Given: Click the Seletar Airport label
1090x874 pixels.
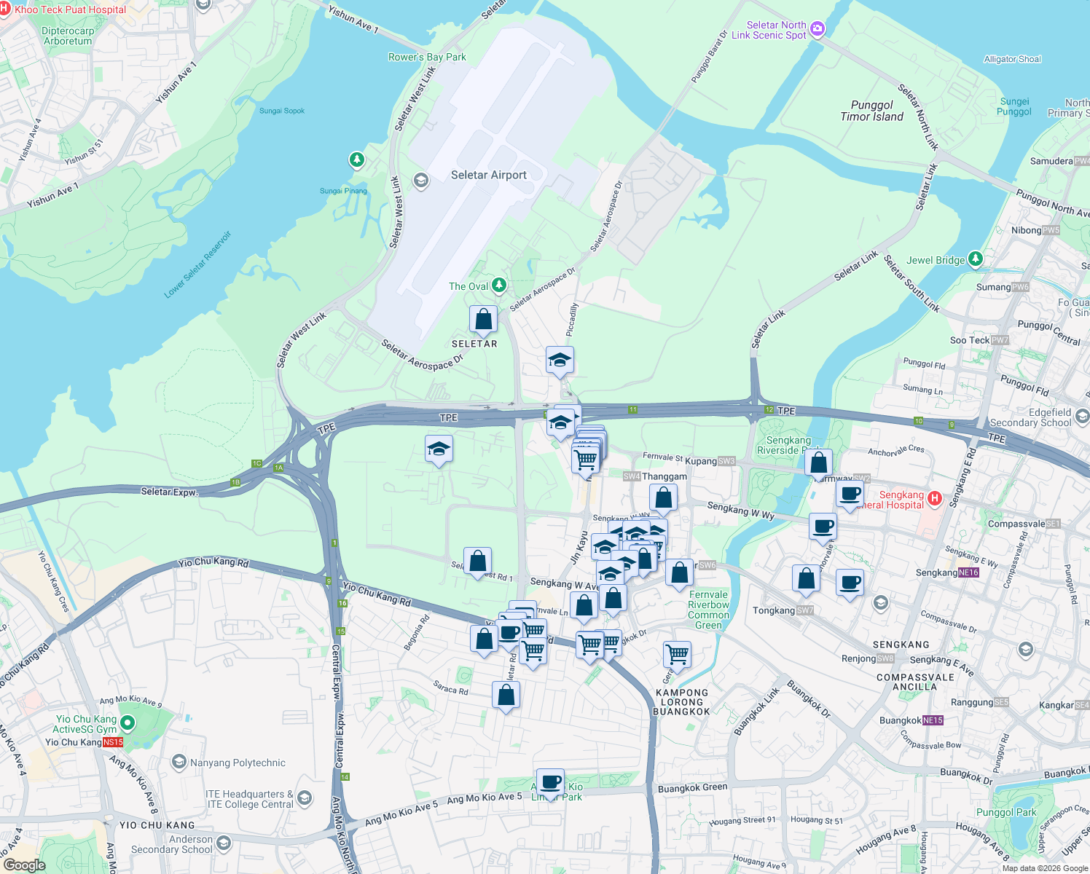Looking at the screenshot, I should click(x=488, y=175).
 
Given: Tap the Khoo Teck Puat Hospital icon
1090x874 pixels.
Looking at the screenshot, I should click(x=4, y=9).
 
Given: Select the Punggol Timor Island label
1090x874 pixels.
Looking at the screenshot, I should click(x=871, y=111).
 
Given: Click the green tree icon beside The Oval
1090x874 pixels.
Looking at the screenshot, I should click(x=499, y=286).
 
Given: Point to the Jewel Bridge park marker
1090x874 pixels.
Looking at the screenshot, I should click(x=976, y=259).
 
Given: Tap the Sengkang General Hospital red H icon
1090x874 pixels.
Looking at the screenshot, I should click(x=935, y=499).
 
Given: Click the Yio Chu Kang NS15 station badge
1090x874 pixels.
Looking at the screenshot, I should click(x=113, y=742).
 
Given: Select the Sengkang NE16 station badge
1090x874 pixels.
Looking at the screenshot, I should click(x=968, y=572).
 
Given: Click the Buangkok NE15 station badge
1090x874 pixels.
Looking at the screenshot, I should click(x=933, y=720).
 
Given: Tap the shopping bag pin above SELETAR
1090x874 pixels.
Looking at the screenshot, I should click(x=483, y=319).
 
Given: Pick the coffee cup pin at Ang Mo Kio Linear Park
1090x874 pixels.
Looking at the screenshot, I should click(x=551, y=782).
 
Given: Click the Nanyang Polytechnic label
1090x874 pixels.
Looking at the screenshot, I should click(x=238, y=763).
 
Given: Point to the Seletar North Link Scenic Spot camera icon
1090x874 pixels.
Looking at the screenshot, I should click(x=817, y=28).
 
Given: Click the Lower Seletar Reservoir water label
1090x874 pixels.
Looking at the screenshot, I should click(x=197, y=264).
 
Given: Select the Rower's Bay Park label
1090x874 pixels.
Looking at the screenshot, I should click(x=427, y=57).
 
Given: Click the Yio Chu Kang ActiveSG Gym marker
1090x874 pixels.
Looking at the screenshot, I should click(x=128, y=723).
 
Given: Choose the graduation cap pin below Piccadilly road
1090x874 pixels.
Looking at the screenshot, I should click(x=560, y=360).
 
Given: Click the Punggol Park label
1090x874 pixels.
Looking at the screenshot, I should click(x=1005, y=812).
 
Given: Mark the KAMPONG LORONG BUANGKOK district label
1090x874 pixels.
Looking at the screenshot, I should click(x=681, y=702).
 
